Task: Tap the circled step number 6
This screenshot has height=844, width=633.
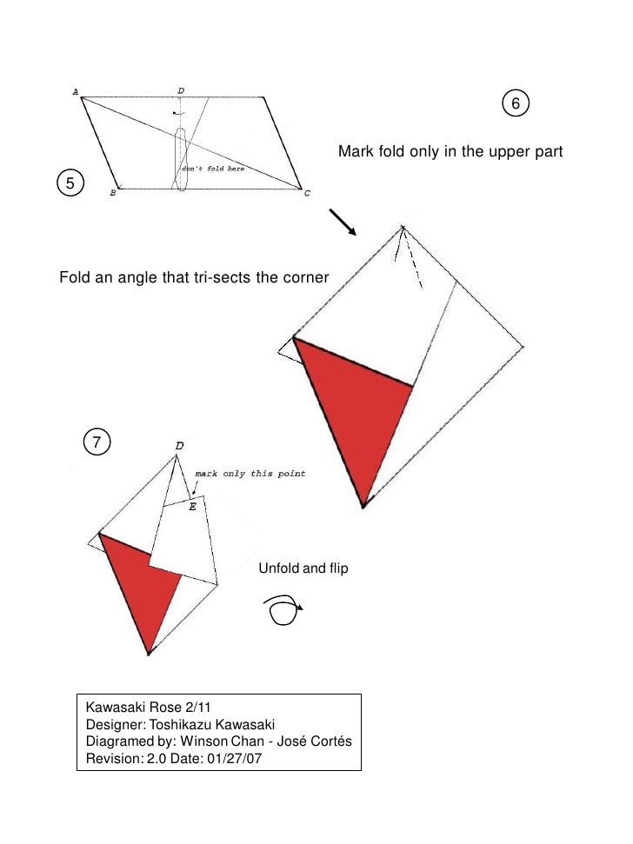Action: (515, 104)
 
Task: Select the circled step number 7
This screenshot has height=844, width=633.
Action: (97, 443)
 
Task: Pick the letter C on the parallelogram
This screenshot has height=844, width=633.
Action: (306, 193)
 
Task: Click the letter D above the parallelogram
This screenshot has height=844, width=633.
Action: (180, 90)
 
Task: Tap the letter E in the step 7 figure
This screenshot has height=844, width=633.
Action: (192, 507)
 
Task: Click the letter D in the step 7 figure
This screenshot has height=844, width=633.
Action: (179, 445)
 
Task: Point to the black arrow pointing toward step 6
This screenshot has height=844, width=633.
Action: (343, 222)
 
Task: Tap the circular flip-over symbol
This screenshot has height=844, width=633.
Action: (283, 610)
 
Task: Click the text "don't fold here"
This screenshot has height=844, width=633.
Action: (212, 169)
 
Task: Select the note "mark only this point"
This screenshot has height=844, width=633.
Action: (250, 474)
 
